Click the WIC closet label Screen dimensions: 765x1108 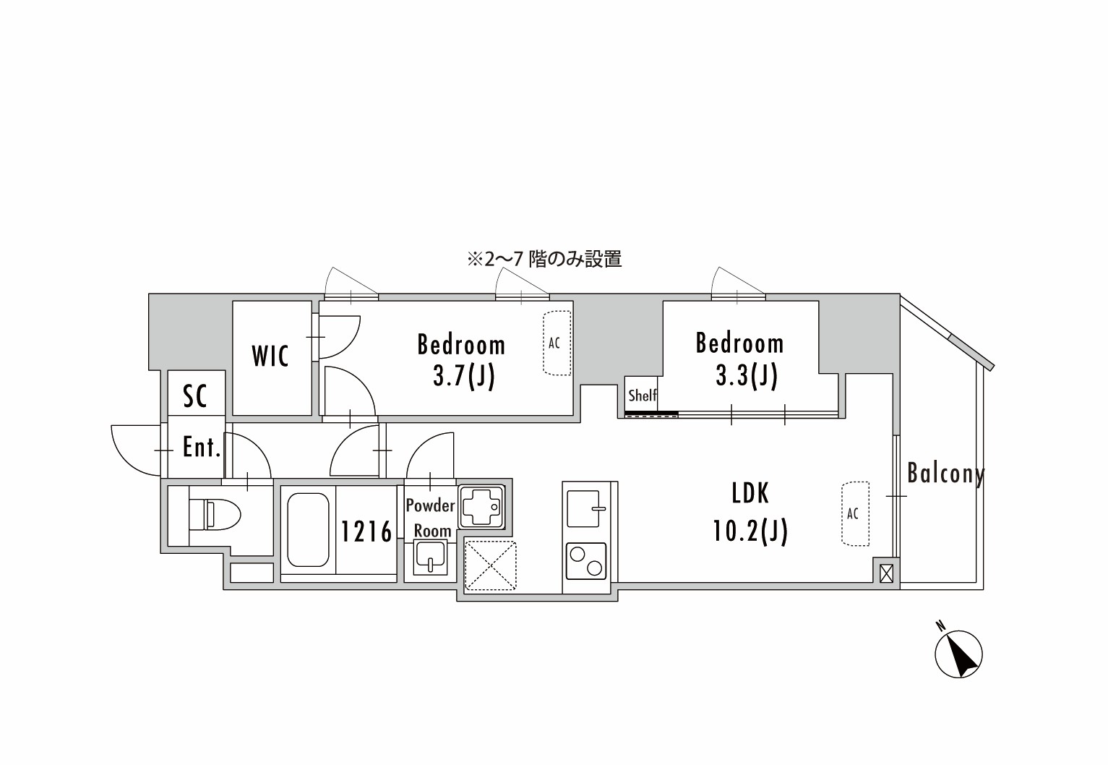[x=270, y=356]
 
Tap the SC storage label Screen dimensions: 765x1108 [x=194, y=396]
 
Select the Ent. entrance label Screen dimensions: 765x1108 [x=200, y=448]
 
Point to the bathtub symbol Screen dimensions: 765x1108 [x=309, y=530]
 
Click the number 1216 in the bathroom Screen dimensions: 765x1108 [x=366, y=531]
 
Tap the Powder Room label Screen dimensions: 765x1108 [x=431, y=518]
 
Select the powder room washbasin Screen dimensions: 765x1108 [x=431, y=560]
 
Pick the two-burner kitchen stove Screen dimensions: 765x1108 [x=586, y=560]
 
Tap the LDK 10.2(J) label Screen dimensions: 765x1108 [x=750, y=513]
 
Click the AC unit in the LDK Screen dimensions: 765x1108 [x=854, y=513]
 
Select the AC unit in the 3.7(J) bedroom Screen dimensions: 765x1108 [x=556, y=343]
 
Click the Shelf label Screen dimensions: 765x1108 [x=642, y=396]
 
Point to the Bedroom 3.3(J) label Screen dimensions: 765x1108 [x=739, y=359]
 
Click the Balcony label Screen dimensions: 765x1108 [x=945, y=474]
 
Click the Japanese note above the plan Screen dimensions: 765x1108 [x=544, y=259]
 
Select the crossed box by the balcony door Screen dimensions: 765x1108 [x=887, y=573]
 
